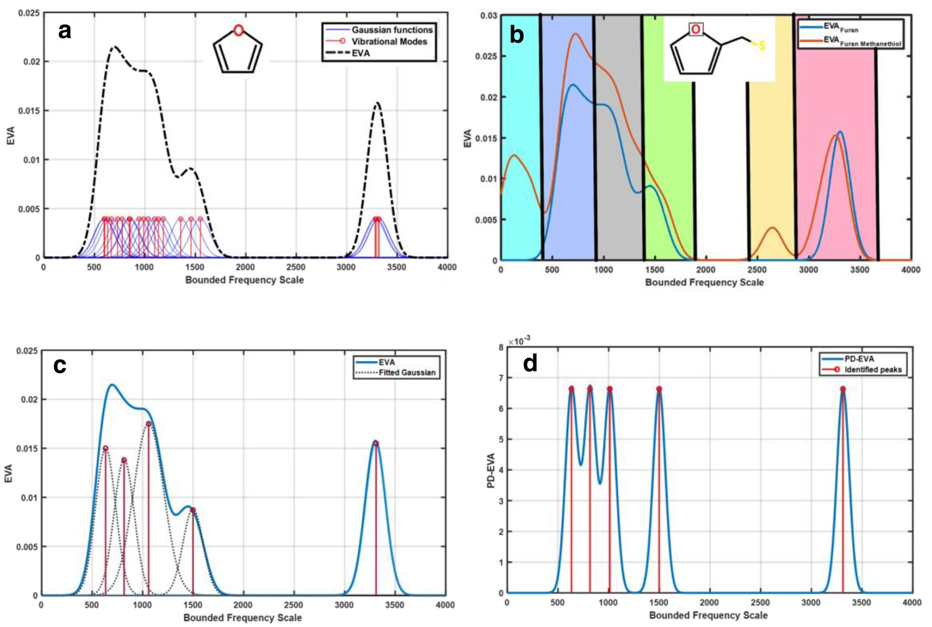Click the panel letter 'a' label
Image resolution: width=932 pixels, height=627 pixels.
point(65,32)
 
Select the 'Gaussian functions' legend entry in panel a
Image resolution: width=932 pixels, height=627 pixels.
point(392,30)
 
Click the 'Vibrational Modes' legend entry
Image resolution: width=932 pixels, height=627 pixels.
point(389,42)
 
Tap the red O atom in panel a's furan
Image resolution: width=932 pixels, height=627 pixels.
point(238,31)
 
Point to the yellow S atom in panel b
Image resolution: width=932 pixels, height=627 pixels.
point(762,45)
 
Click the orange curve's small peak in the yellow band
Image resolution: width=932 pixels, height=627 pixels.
point(773,227)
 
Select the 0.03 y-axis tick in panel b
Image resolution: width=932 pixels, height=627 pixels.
point(488,16)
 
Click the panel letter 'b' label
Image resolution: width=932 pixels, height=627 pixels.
point(517,35)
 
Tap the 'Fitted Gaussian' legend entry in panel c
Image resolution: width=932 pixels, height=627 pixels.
point(407,372)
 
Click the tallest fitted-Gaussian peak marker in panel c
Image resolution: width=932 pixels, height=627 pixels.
point(148,424)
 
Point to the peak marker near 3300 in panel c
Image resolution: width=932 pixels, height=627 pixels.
point(376,444)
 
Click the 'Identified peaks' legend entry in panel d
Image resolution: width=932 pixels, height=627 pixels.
point(873,370)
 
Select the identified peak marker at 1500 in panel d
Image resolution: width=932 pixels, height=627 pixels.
point(659,389)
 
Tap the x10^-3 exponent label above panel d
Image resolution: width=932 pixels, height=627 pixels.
point(519,341)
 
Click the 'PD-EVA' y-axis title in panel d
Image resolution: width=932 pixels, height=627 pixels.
point(491,470)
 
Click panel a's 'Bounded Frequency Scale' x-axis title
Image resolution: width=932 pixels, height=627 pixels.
point(244,280)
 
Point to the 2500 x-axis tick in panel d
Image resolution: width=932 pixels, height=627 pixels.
point(760,602)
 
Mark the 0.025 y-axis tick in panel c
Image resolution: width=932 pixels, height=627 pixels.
point(27,351)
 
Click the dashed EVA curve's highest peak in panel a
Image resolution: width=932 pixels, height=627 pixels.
point(114,47)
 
